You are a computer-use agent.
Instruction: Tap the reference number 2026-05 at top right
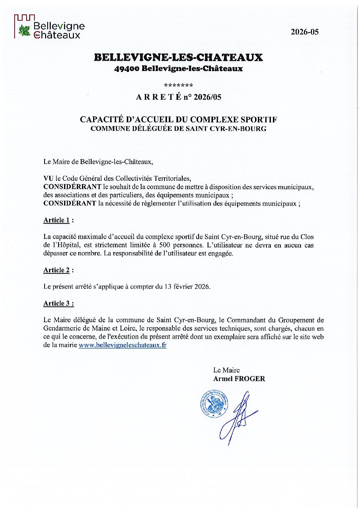(x=305, y=32)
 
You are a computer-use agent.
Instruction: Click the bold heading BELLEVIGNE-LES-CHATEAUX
(x=178, y=57)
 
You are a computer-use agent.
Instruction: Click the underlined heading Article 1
(x=57, y=220)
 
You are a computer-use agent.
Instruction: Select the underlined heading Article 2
(x=57, y=270)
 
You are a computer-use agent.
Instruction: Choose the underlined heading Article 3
(x=57, y=303)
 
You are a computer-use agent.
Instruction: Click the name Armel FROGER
(x=239, y=379)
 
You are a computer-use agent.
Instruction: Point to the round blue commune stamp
(x=214, y=405)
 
